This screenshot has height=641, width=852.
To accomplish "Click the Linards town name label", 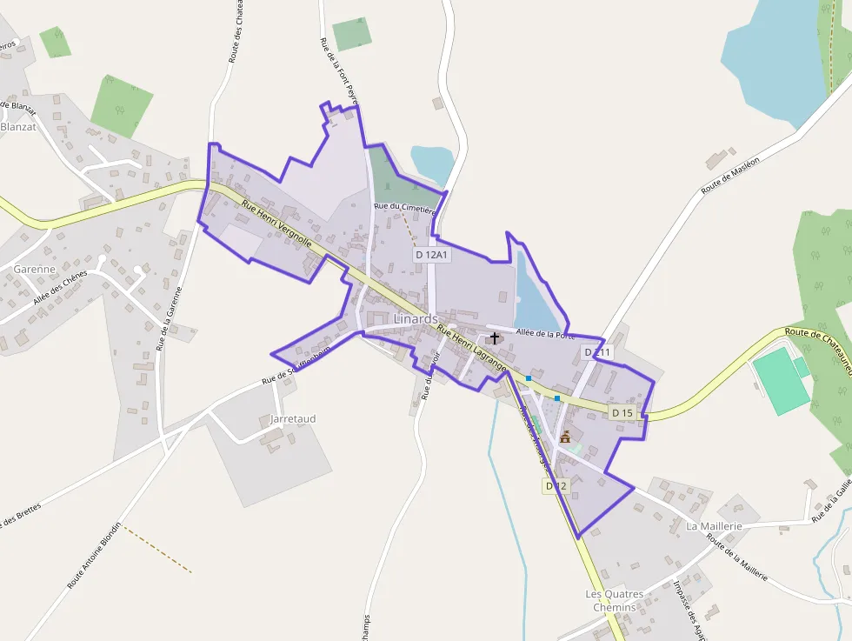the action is (x=416, y=319).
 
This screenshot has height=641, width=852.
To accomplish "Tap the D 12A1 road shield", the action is (x=431, y=255).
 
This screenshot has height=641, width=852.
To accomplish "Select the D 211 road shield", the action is (x=598, y=351).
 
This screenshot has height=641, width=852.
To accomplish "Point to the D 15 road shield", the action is (x=622, y=412).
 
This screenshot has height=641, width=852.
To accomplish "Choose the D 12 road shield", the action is (x=555, y=486).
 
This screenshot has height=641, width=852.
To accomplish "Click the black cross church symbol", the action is (x=495, y=338).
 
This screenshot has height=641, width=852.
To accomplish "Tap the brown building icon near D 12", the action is (x=565, y=437).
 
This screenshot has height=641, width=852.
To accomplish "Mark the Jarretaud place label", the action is (x=293, y=419).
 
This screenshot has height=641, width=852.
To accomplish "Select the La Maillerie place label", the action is (x=714, y=527).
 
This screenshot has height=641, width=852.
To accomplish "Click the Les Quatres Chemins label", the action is (x=615, y=600).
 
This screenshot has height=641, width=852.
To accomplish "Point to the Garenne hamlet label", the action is (x=35, y=270).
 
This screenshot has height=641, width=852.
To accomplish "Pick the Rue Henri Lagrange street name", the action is (x=471, y=349).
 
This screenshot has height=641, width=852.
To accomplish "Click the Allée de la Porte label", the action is (x=545, y=333).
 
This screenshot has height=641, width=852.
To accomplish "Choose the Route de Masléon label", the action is (x=730, y=173).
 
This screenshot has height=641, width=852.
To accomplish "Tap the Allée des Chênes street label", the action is (x=61, y=288).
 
